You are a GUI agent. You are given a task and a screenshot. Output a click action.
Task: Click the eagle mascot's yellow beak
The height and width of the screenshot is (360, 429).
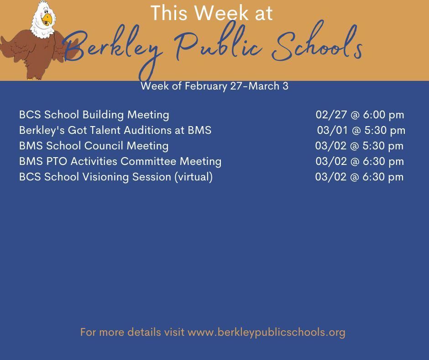pos(47,19)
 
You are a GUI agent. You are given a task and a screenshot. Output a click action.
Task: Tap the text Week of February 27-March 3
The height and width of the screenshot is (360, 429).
pos(214,86)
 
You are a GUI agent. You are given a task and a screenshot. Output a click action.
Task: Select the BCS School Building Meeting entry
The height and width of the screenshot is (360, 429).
pos(94,115)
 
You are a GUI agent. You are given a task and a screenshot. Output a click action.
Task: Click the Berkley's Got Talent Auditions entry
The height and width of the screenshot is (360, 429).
pos(115,130)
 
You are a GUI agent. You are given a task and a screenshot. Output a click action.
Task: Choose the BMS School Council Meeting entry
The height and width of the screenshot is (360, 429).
pos(94,146)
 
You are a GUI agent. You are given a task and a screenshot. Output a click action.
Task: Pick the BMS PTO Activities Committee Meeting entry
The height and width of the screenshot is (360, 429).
pos(120,161)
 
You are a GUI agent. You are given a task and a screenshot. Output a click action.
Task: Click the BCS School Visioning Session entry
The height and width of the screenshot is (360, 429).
pos(116,177)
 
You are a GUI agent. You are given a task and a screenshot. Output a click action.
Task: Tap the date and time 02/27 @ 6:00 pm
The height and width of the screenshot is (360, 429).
pos(360,115)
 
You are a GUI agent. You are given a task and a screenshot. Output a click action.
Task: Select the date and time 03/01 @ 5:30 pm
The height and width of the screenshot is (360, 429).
pos(361,130)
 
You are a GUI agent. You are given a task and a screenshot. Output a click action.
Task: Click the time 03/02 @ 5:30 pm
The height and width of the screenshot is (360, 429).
pos(359,146)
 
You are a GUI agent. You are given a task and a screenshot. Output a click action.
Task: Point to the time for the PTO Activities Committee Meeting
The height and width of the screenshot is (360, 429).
pos(360,161)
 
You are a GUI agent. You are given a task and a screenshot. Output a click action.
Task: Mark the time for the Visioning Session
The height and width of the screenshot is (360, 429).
pos(359,177)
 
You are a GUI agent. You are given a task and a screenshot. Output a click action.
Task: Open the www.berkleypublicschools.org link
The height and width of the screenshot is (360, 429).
pos(267,332)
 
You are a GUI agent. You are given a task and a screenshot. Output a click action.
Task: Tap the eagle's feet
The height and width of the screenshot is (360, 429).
pos(35,78)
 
